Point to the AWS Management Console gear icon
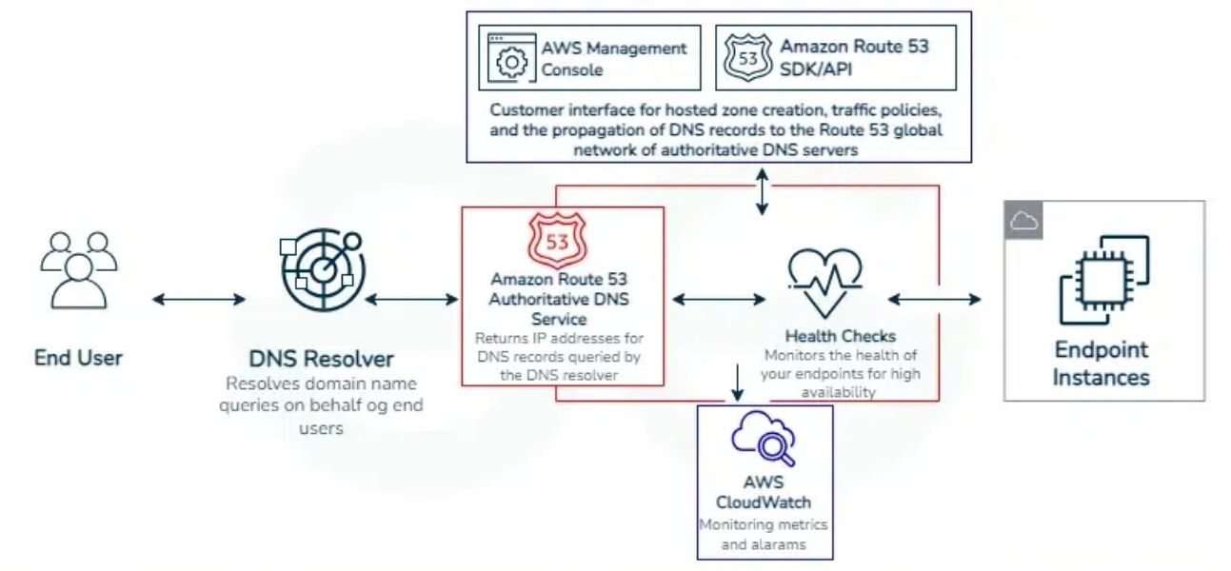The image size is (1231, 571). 511,58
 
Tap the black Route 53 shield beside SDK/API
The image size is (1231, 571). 745,58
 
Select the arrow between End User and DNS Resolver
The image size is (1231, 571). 199,300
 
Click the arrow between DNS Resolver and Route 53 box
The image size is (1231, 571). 412,300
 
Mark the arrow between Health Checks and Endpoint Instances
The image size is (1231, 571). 934,300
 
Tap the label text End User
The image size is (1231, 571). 78,358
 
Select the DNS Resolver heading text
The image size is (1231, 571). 322,360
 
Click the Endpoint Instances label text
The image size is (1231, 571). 1102,364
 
